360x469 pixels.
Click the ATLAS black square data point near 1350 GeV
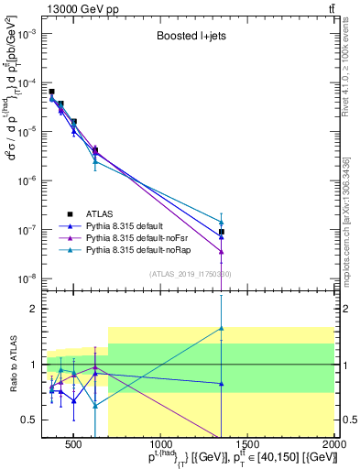222,232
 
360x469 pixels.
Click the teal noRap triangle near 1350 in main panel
222,222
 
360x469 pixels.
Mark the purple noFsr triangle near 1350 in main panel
222,252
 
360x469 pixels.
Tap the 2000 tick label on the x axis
334,443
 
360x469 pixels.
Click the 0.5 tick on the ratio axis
32,420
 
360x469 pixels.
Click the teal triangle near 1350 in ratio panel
222,328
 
